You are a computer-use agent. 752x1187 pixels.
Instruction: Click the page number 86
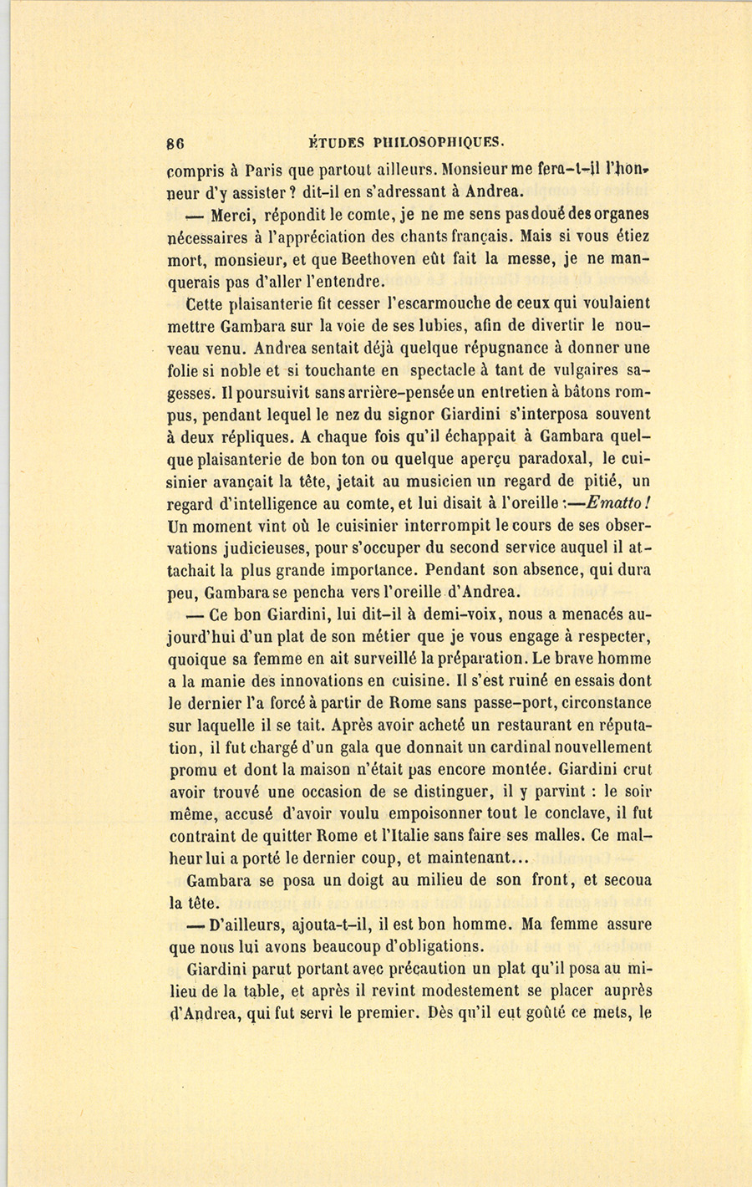click(175, 141)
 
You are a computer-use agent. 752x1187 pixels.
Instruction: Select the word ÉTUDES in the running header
click(334, 141)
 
